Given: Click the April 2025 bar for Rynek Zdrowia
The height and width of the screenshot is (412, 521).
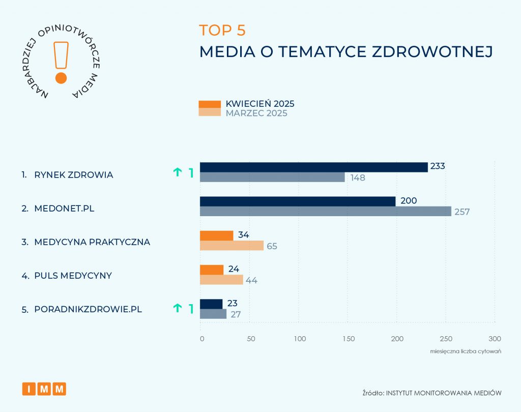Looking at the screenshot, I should click(x=313, y=167).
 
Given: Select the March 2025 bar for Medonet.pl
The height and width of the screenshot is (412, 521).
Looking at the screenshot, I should click(x=326, y=211).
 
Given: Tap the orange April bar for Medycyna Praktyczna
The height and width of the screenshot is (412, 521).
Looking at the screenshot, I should click(x=216, y=236).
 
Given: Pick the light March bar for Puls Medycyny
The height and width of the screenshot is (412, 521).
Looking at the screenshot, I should click(x=221, y=280).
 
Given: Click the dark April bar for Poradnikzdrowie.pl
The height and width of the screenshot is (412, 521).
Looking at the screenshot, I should click(x=211, y=304).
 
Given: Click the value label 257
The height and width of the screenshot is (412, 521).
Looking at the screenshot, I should click(x=462, y=212).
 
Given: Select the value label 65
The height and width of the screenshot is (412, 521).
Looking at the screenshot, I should click(x=273, y=246).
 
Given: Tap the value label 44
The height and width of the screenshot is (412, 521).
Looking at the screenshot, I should click(x=252, y=280).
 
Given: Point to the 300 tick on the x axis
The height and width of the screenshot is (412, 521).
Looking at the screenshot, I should click(x=495, y=339).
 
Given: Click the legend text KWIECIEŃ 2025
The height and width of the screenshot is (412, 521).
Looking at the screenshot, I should click(x=260, y=104).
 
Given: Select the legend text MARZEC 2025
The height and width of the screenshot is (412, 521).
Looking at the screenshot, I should click(x=256, y=113).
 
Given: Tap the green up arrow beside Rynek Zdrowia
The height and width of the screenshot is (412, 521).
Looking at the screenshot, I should click(x=178, y=172).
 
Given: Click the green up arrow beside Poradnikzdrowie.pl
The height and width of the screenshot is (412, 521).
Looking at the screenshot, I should click(x=178, y=308).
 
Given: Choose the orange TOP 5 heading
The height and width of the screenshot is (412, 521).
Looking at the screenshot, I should click(x=222, y=30).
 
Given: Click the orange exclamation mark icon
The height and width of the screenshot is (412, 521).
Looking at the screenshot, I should click(x=61, y=61).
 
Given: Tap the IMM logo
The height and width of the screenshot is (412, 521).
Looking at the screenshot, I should click(x=44, y=389).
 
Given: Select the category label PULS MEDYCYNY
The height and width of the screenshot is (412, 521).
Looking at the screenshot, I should click(x=73, y=276).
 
